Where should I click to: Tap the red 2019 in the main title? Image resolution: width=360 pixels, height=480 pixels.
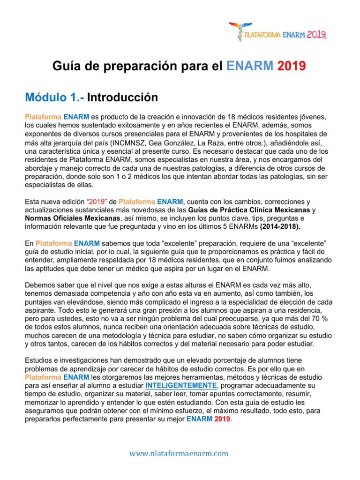pos(292,67)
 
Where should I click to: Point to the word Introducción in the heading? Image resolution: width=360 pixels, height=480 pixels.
pos(122,97)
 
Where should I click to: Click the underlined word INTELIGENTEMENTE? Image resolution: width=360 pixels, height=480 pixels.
pos(181,386)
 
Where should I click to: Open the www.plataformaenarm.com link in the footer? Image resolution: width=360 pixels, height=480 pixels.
pos(180,453)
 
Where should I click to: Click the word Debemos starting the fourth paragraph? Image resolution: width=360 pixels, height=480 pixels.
pos(40,285)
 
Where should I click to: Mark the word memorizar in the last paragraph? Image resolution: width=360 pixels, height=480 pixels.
pos(44,403)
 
